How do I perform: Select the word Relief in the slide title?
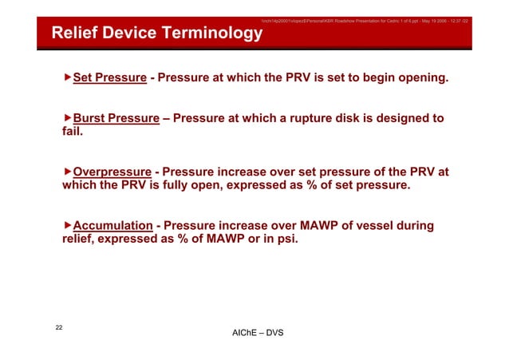[x=74, y=34]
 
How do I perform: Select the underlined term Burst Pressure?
[x=116, y=119]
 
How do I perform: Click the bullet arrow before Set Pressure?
[x=68, y=79]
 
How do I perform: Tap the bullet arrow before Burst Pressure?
[x=68, y=119]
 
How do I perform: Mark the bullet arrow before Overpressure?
[x=68, y=172]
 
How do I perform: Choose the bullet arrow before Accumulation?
[x=68, y=226]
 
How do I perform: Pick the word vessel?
[x=361, y=226]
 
